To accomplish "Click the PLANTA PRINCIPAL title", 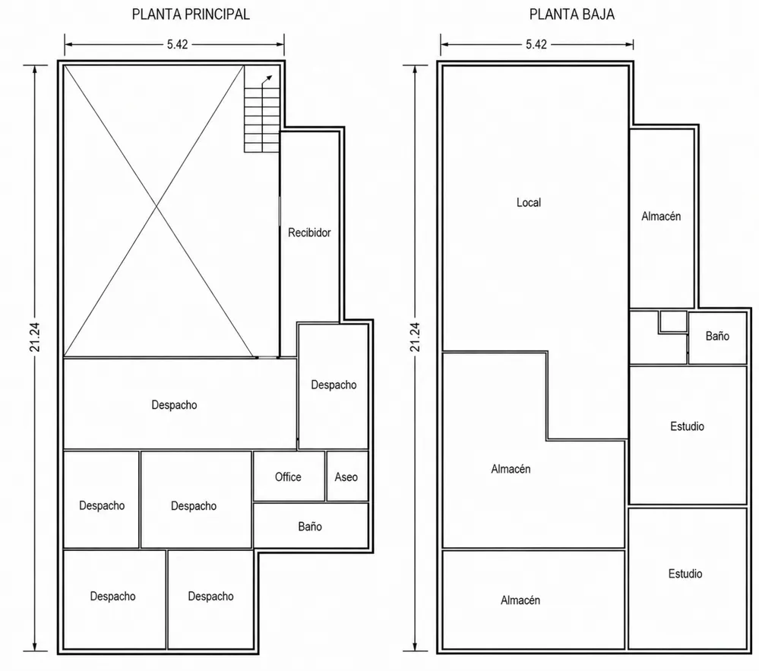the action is (x=191, y=14).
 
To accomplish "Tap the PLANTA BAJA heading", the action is (x=571, y=14).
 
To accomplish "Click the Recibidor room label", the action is (x=309, y=233).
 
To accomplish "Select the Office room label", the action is (x=288, y=477).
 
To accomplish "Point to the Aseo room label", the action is (x=346, y=477).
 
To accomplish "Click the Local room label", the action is (x=529, y=202).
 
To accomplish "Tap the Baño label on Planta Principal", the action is (x=310, y=527).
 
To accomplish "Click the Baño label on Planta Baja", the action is (x=717, y=336).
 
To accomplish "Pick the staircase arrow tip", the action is (x=271, y=76).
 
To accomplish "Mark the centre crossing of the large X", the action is (x=157, y=207).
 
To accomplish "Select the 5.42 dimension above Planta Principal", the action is (x=177, y=45).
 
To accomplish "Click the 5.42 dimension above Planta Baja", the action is (x=536, y=45).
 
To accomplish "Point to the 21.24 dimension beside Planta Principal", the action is (x=35, y=337).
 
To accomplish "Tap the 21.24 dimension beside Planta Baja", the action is (x=415, y=337).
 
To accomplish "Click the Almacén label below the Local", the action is (x=511, y=469).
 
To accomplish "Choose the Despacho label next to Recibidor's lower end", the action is (x=334, y=385).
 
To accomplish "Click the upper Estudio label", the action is (x=687, y=426).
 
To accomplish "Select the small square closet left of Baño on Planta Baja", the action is (x=673, y=321).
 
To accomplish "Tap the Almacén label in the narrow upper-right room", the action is (x=661, y=217).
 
